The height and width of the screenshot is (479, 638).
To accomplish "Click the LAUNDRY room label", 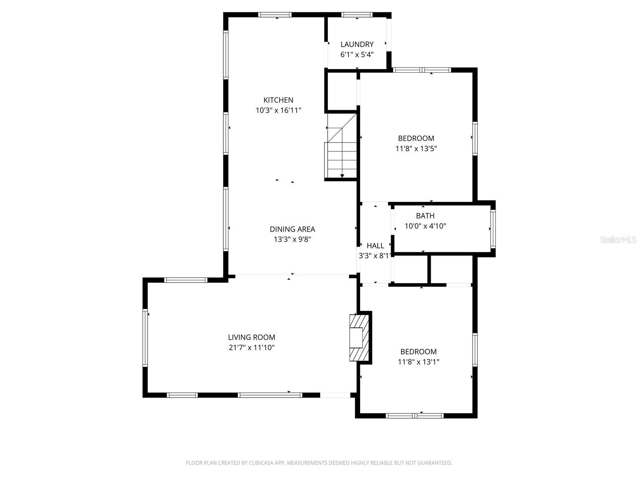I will (357, 44).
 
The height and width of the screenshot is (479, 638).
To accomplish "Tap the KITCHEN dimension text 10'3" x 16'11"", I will (278, 110).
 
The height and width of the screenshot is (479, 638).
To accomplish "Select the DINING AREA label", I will (292, 229).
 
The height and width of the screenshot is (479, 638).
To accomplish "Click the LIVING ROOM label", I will (252, 337).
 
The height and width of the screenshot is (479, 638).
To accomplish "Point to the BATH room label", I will (425, 216).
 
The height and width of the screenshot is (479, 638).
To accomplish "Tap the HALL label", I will (375, 245).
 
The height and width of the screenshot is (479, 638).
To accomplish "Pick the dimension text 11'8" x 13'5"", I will (416, 148).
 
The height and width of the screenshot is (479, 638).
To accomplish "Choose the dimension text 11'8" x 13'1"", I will (419, 362).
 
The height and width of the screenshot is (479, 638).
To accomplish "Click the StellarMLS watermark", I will (618, 239).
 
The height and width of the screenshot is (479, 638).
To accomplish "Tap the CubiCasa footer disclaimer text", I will (319, 463).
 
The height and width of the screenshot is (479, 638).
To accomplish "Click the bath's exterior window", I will (493, 229).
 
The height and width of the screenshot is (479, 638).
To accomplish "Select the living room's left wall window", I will (145, 337).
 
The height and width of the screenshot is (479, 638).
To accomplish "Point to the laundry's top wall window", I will (357, 15).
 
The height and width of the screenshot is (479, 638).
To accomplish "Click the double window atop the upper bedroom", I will (422, 70).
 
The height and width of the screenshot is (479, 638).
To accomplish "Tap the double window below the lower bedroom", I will (415, 416).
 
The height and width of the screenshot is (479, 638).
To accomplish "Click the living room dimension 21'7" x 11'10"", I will (252, 348).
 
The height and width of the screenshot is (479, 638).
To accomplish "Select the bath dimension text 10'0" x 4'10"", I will (425, 226).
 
